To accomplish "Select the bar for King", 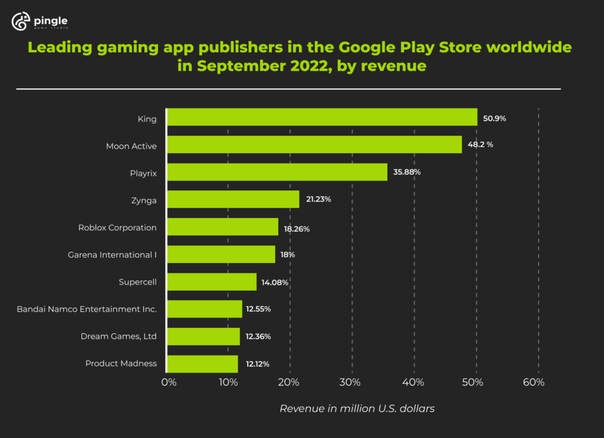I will click(322, 117).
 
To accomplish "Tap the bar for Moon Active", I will click(314, 144).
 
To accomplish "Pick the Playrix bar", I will click(277, 172).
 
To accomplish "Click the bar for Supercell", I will click(212, 282).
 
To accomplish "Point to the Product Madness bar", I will click(202, 364).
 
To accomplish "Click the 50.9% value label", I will click(494, 118).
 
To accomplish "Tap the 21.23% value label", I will click(319, 200).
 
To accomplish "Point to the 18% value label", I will click(288, 255).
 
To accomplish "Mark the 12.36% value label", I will click(258, 337).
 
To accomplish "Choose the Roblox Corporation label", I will click(117, 227).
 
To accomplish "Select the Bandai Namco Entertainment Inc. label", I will click(87, 309).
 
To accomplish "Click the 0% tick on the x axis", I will click(169, 383).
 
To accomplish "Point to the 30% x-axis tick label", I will click(352, 383).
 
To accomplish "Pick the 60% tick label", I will click(533, 383).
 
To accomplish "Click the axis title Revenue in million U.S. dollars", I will click(357, 409).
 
